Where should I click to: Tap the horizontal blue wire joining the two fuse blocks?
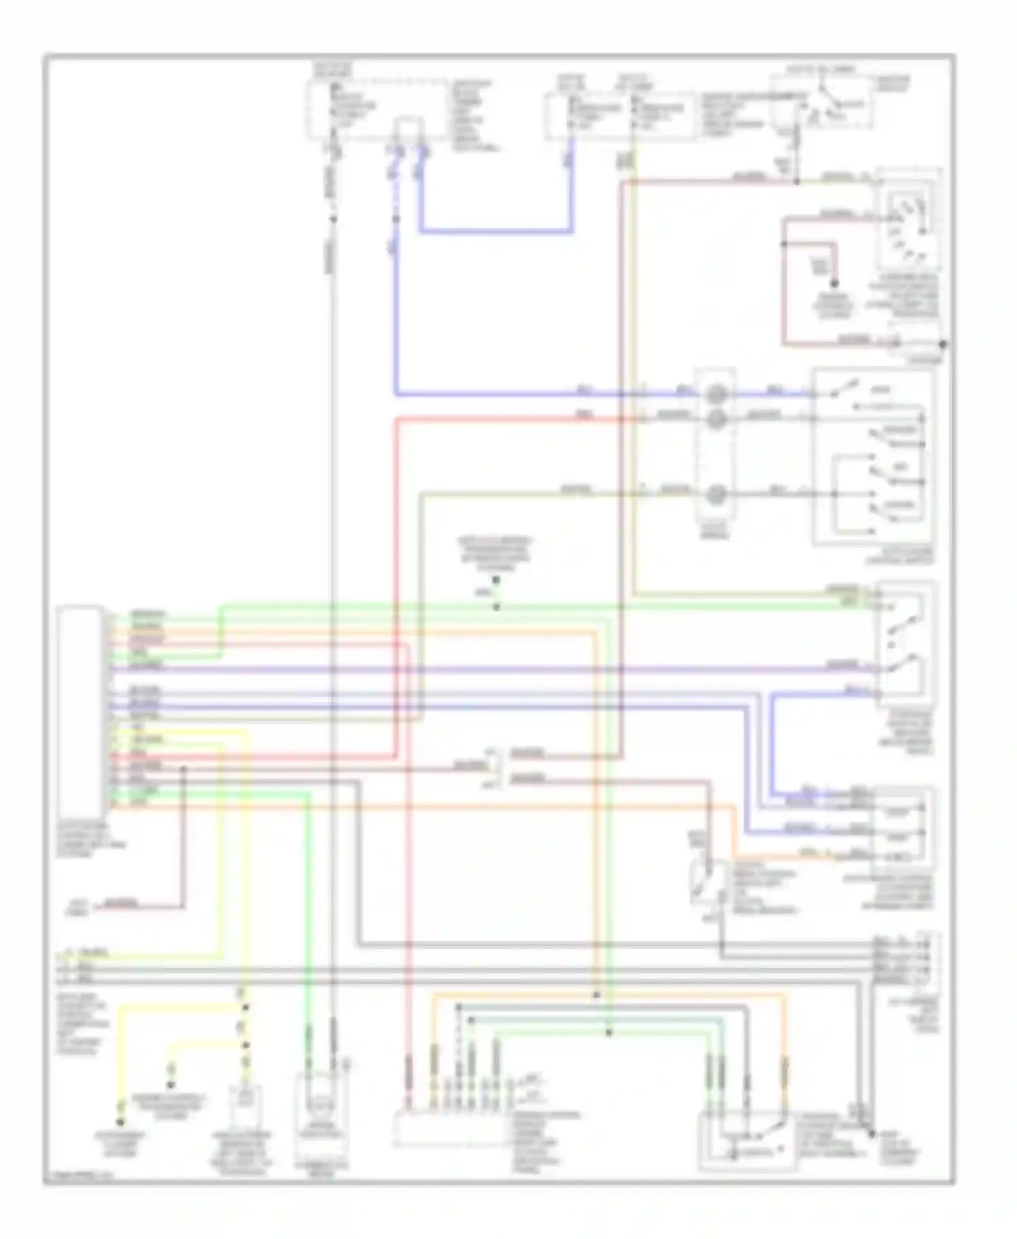495,231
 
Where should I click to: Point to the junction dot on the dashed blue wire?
396,218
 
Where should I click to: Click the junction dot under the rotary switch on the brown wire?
797,182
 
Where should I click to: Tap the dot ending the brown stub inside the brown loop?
835,283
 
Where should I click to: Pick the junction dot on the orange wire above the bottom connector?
596,995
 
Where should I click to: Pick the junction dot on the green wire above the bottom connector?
608,1032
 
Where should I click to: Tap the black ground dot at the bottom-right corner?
873,1133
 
